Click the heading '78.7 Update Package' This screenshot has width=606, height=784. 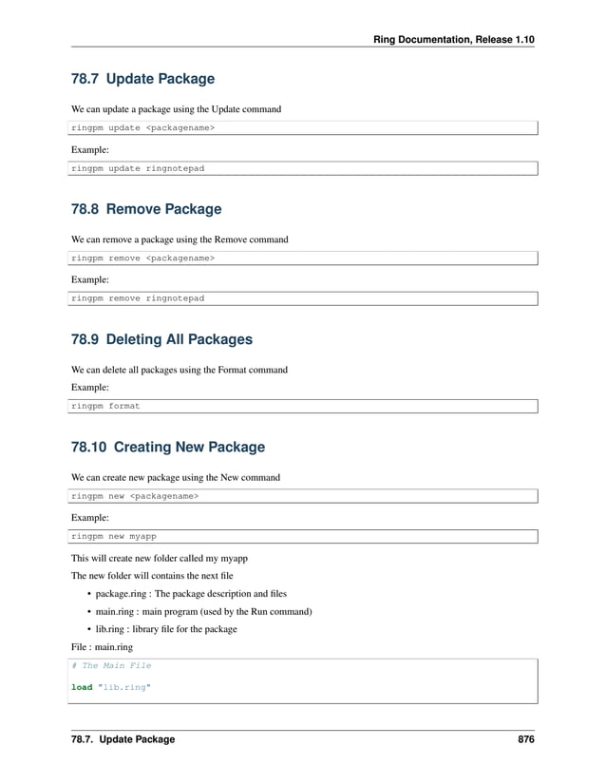142,79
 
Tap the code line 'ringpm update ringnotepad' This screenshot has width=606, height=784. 138,168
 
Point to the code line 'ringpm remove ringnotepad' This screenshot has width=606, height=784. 138,298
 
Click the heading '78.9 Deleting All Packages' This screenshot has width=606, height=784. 161,339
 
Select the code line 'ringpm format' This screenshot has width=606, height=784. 106,406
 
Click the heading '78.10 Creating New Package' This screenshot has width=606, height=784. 168,447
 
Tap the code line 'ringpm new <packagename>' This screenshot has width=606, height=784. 135,495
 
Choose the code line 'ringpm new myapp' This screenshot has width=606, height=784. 114,536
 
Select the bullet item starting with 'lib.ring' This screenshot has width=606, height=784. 166,629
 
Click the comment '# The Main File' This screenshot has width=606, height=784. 111,665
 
